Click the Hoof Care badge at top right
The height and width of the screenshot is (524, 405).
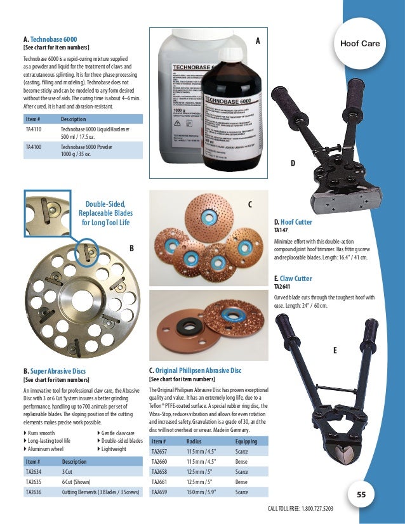coord(360,43)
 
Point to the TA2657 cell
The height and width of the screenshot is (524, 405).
coord(159,452)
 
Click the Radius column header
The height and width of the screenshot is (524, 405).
coord(194,442)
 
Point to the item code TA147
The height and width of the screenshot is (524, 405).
coord(281,231)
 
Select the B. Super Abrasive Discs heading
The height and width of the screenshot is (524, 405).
coord(54,370)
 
